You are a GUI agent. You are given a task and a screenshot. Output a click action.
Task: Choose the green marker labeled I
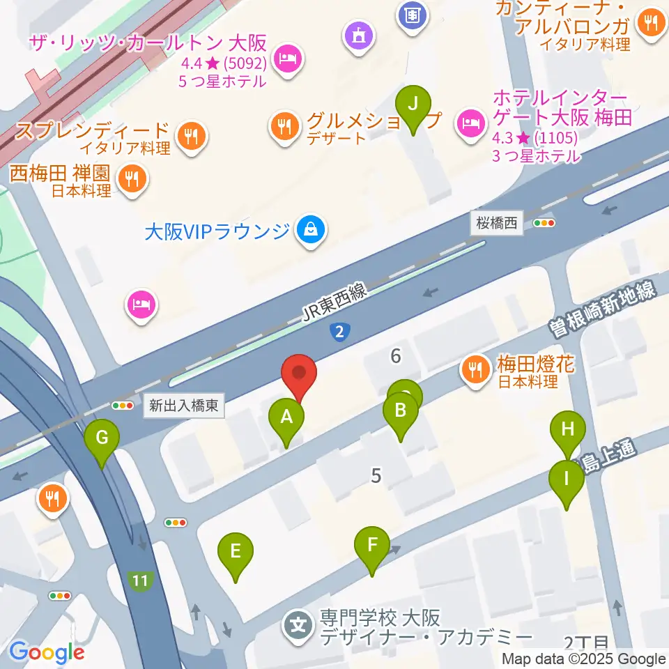566,479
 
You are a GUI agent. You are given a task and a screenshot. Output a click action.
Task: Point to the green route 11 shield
141,580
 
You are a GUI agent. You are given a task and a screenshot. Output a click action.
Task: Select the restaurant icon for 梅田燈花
476,369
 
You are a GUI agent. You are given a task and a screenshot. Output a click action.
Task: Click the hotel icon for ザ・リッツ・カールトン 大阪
286,59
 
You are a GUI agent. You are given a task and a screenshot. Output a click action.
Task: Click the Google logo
47,652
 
